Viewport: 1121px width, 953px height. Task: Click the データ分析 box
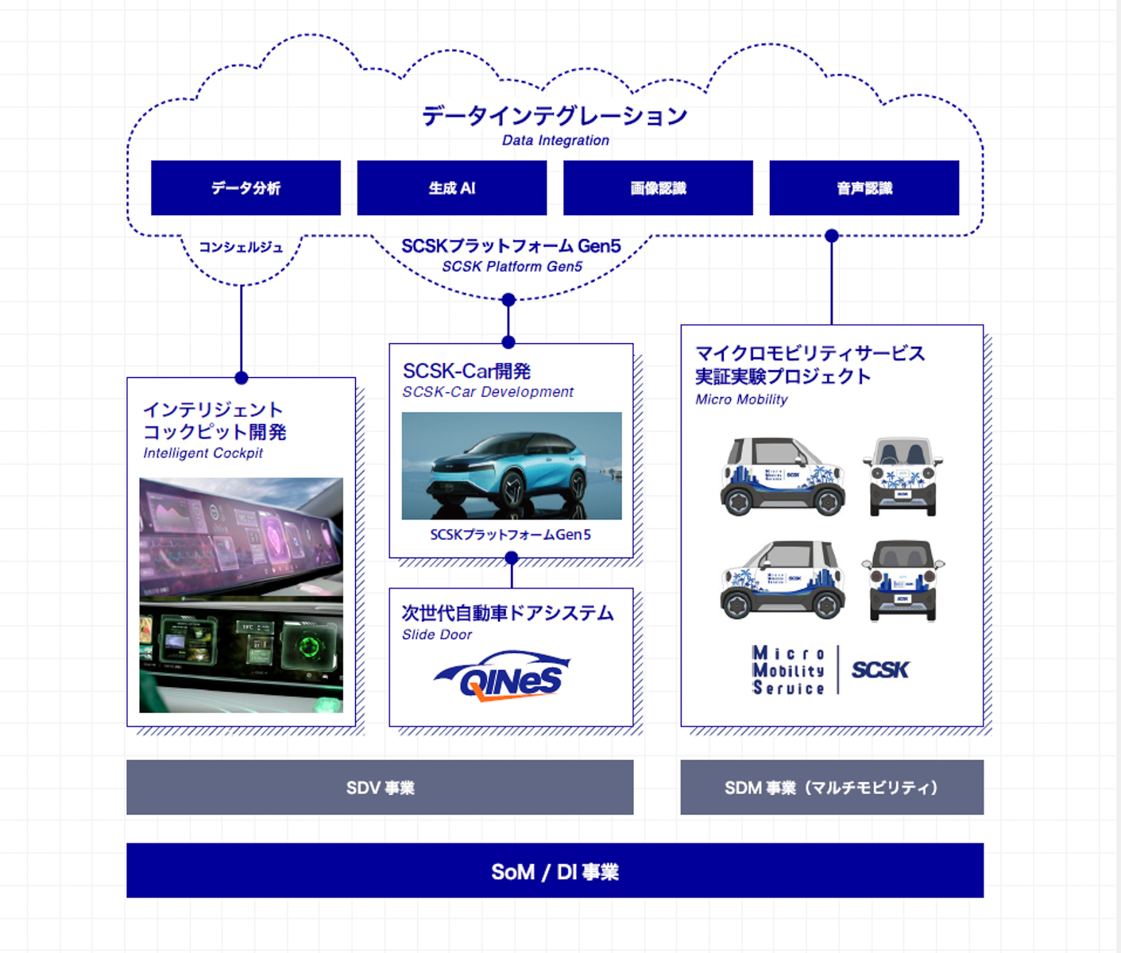[245, 188]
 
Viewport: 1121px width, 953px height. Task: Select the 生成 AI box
[451, 188]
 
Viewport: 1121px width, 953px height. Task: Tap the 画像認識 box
[658, 188]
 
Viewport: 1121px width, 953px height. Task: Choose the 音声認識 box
[864, 188]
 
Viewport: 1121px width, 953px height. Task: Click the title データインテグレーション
[555, 116]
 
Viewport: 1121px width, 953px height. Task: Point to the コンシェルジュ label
[241, 248]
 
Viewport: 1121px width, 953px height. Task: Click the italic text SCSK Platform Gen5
[512, 267]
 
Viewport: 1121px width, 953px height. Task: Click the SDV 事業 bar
[380, 788]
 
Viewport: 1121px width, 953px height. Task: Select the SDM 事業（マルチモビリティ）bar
[832, 788]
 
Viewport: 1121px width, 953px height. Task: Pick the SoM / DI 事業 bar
[555, 871]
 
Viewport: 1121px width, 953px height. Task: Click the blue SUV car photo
[512, 466]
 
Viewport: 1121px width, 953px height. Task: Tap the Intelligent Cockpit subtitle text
[203, 453]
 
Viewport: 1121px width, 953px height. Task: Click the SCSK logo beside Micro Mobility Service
[880, 670]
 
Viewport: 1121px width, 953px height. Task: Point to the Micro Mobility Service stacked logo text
[788, 670]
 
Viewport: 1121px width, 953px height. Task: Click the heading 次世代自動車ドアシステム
[508, 613]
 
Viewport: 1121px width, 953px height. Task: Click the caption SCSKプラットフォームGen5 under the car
[511, 535]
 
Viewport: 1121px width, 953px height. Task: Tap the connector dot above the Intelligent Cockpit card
[242, 378]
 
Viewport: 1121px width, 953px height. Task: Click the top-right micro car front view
[903, 476]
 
